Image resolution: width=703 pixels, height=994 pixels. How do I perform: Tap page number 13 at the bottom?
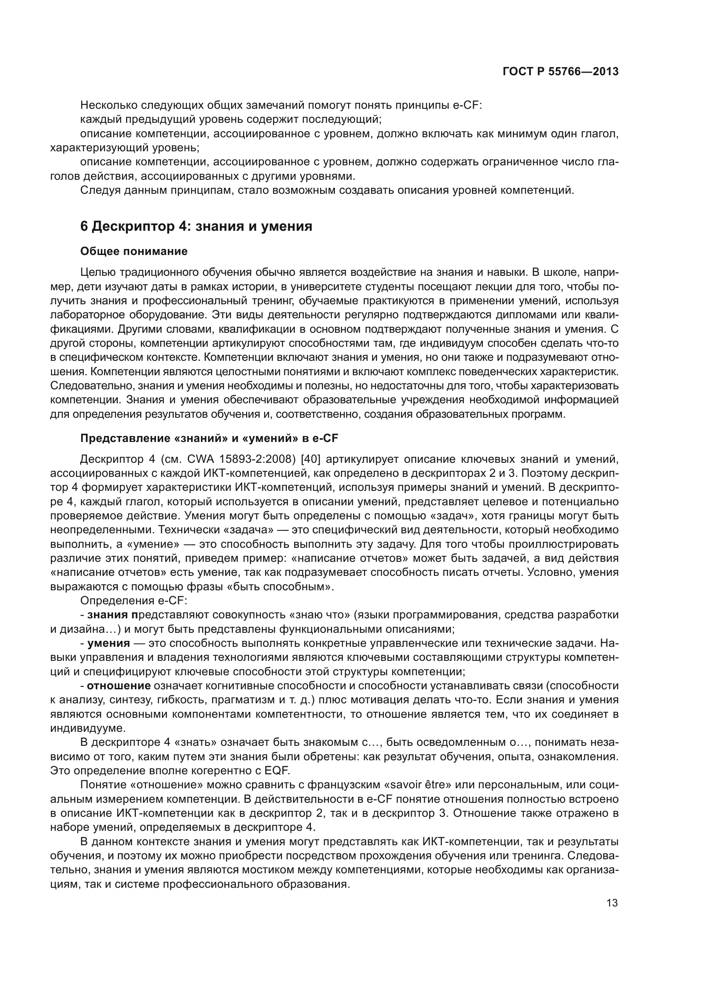pos(612,903)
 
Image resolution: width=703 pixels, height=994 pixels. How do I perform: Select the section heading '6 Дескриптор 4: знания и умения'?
pos(196,226)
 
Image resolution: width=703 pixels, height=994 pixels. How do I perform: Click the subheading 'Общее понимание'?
pos(134,251)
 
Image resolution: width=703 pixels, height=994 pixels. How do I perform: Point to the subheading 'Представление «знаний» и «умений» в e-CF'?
pos(209,438)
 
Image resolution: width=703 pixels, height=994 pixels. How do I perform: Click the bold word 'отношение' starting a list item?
pos(119,685)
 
